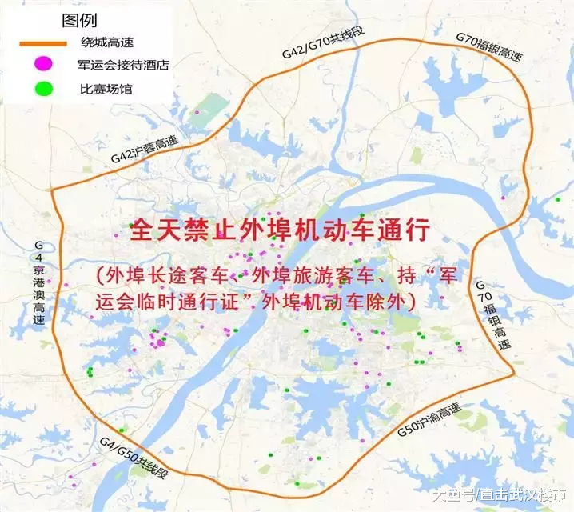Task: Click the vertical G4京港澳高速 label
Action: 37,281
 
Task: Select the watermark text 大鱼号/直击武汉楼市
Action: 499,496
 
